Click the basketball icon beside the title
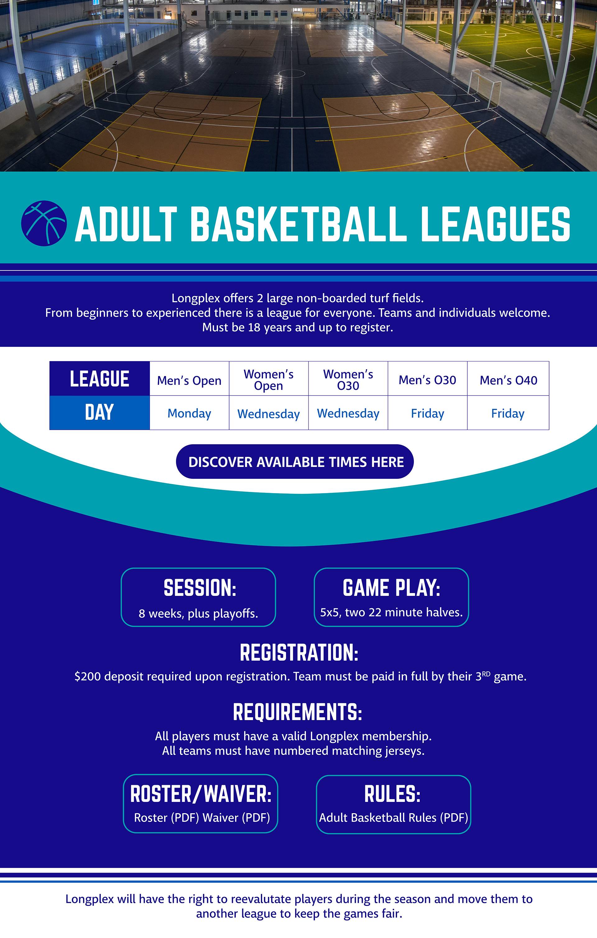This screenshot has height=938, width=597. pyautogui.click(x=44, y=223)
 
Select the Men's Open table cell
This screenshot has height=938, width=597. pyautogui.click(x=189, y=379)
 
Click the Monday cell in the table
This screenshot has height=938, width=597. pyautogui.click(x=189, y=413)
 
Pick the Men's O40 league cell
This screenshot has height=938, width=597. pyautogui.click(x=508, y=379)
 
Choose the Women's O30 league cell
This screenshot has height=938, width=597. pyautogui.click(x=348, y=379)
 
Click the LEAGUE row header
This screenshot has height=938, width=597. pyautogui.click(x=99, y=379)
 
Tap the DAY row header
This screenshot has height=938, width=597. pyautogui.click(x=99, y=412)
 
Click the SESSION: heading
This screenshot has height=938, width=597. pyautogui.click(x=200, y=588)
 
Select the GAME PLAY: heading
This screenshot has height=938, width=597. pyautogui.click(x=391, y=588)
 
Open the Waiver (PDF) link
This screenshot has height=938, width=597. pyautogui.click(x=236, y=817)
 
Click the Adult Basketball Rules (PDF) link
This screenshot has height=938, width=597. pyautogui.click(x=393, y=817)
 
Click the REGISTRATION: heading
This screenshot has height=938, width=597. pyautogui.click(x=299, y=653)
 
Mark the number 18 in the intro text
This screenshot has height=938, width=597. pyautogui.click(x=254, y=327)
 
